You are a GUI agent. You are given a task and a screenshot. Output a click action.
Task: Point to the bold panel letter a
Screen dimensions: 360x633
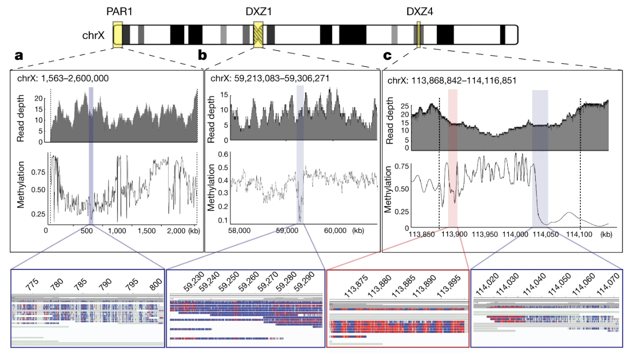[x=19, y=56]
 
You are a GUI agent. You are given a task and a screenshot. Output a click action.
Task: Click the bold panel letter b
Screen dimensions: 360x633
[x=202, y=56]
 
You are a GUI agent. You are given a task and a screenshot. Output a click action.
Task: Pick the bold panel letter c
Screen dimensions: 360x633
[x=387, y=56]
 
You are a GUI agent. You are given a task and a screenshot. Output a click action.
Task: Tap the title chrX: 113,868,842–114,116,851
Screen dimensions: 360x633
[x=452, y=80]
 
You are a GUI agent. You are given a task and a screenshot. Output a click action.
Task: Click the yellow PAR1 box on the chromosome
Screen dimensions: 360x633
[x=117, y=34]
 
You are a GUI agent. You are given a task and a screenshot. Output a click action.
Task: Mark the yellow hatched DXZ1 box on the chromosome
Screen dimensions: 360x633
[x=258, y=34]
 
